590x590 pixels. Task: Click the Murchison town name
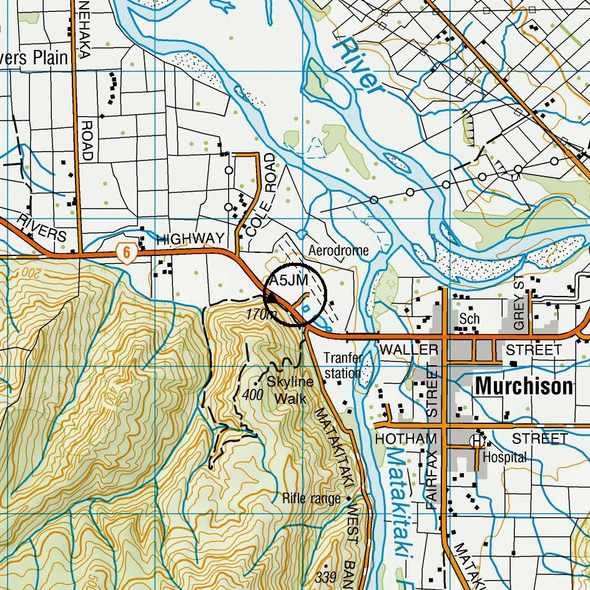click(x=523, y=386)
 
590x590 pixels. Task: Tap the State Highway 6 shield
click(x=126, y=253)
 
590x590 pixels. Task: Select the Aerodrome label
click(x=338, y=250)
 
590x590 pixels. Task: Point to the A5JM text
click(x=288, y=280)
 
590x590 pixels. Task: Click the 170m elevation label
click(x=261, y=315)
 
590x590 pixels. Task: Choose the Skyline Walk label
click(x=290, y=390)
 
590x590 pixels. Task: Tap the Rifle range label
click(x=312, y=498)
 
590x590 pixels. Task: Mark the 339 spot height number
click(x=326, y=576)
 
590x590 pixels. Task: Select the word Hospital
click(x=505, y=458)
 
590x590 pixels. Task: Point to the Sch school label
click(x=469, y=318)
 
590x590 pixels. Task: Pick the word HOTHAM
click(x=405, y=440)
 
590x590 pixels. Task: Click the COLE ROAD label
click(x=260, y=194)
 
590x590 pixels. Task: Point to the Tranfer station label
click(x=343, y=366)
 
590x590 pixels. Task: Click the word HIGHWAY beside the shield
click(x=190, y=239)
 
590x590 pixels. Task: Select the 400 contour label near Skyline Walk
click(x=252, y=395)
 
